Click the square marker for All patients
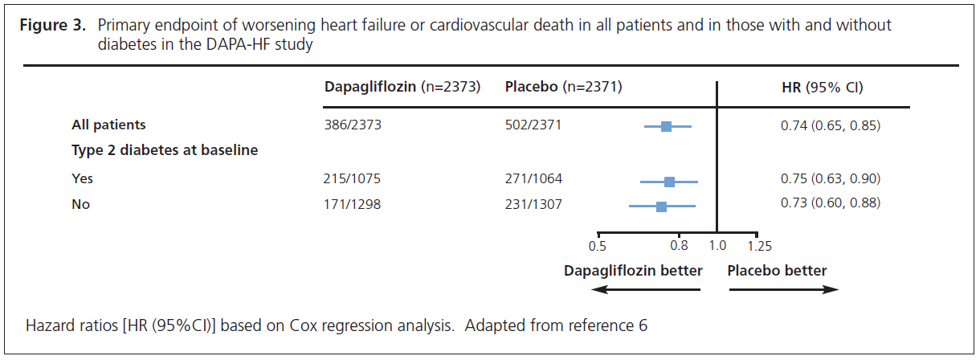666,126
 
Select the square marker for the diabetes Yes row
670,182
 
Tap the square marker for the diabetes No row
661,207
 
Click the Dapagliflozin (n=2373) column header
402,87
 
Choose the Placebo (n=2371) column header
563,87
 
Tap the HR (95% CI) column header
822,87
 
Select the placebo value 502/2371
533,125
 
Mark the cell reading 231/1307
533,204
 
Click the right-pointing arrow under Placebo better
783,290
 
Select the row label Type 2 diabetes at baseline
164,150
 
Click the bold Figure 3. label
52,25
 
